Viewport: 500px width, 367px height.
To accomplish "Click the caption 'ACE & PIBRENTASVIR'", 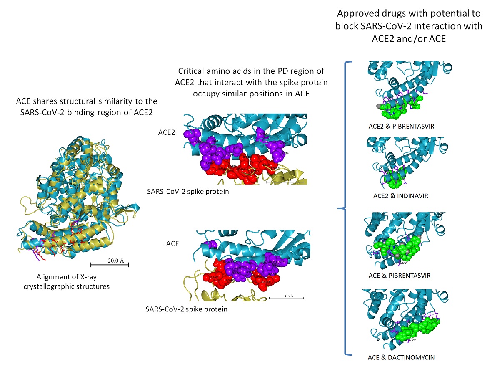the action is pyautogui.click(x=400, y=276).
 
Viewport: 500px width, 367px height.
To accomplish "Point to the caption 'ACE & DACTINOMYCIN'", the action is pyautogui.click(x=400, y=357).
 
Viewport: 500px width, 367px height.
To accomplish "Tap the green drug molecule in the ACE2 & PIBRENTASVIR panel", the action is pyautogui.click(x=399, y=106).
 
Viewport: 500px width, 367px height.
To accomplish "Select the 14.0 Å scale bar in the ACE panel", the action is pyautogui.click(x=286, y=298).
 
